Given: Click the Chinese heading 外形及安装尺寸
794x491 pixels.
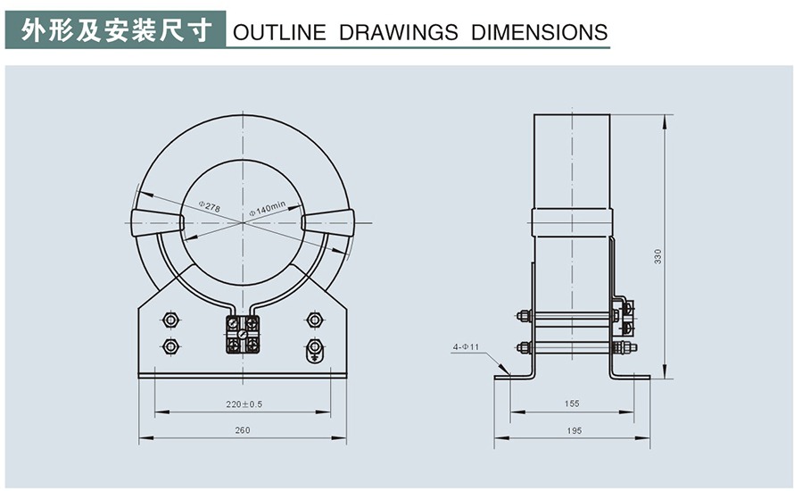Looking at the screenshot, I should [116, 31].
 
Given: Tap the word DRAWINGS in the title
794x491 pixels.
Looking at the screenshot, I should [399, 34].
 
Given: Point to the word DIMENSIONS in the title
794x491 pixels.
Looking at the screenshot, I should [539, 34].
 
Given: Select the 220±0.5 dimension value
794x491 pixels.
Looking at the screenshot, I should [244, 404].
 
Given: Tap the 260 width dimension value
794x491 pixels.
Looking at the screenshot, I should [242, 429].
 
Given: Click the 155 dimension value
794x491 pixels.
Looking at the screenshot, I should [572, 404].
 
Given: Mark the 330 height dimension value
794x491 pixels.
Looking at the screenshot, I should [658, 256].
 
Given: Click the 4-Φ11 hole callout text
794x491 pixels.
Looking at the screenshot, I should [466, 345].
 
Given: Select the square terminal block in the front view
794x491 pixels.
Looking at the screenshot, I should [243, 334].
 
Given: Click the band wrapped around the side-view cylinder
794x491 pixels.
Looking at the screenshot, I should [572, 221].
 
